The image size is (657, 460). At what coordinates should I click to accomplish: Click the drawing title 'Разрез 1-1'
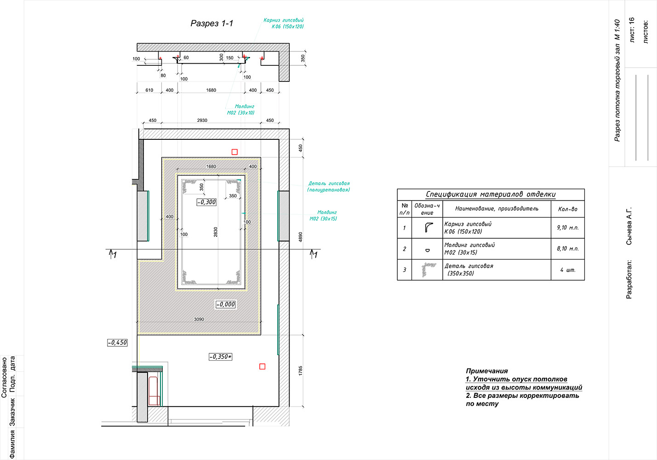click(x=212, y=23)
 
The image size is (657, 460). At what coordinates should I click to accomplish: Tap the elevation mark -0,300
click(x=207, y=202)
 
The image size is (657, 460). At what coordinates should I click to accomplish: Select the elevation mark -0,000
click(x=226, y=305)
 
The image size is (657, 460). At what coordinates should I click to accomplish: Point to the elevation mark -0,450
click(x=117, y=343)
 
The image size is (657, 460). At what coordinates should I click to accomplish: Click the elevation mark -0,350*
click(x=221, y=357)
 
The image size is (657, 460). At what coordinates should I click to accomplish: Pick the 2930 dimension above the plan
click(x=202, y=120)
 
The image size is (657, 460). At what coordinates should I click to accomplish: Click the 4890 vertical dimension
click(x=300, y=237)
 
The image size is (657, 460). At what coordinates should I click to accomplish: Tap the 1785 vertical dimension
click(x=300, y=370)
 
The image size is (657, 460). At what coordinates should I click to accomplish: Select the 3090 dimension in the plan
click(x=199, y=319)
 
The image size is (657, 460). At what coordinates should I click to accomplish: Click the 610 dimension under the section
click(x=149, y=90)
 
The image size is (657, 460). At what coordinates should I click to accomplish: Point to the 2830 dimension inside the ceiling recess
click(x=216, y=232)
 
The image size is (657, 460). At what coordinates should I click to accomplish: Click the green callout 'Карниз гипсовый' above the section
click(x=283, y=20)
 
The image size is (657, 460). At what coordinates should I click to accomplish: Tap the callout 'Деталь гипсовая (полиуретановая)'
click(x=328, y=187)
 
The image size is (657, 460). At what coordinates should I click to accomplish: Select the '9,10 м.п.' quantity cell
click(x=568, y=228)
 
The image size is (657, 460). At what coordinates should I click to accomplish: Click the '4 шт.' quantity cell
click(x=568, y=270)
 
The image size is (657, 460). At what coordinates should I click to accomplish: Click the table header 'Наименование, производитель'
click(x=497, y=208)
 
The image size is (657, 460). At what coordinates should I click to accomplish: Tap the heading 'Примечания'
click(x=487, y=371)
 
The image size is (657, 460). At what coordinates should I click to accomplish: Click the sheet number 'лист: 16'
click(x=632, y=29)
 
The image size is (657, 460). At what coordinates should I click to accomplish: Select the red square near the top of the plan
click(x=234, y=152)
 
